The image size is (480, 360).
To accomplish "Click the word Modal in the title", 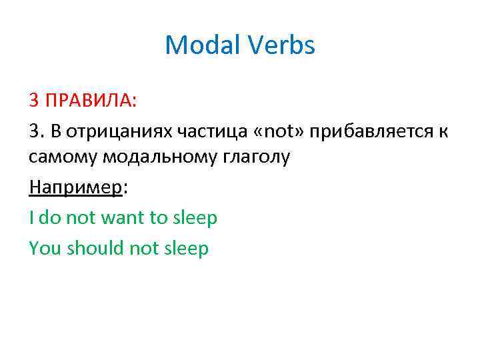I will pyautogui.click(x=205, y=45).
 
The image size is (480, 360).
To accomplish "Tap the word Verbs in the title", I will pyautogui.click(x=282, y=45).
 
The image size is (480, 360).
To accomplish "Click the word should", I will pyautogui.click(x=93, y=248).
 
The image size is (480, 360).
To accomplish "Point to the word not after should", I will pyautogui.click(x=147, y=248).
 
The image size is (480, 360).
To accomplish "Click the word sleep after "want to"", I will pyautogui.click(x=195, y=217).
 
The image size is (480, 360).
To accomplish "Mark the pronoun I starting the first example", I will pyautogui.click(x=31, y=217).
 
